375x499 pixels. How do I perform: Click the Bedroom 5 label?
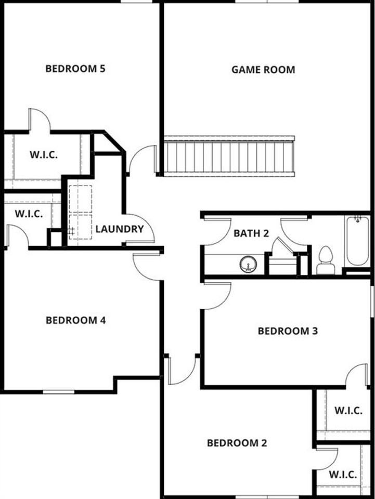(x=76, y=69)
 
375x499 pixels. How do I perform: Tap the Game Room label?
(x=263, y=69)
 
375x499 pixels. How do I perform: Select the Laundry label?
(x=119, y=229)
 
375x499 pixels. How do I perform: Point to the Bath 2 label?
(x=251, y=233)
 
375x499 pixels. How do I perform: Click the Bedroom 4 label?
(x=76, y=320)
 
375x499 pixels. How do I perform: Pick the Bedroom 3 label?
(x=288, y=331)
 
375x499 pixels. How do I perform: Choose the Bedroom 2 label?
(x=237, y=443)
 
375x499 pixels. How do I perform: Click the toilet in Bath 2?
(x=326, y=260)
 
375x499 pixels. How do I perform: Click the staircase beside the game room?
(x=229, y=156)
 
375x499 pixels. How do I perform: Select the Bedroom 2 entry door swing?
(x=182, y=371)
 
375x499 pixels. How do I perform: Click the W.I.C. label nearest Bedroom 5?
(x=43, y=155)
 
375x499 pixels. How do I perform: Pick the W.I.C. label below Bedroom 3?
(x=348, y=410)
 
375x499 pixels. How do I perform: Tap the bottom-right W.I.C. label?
(x=342, y=475)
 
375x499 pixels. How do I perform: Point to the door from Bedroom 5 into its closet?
(x=39, y=120)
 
